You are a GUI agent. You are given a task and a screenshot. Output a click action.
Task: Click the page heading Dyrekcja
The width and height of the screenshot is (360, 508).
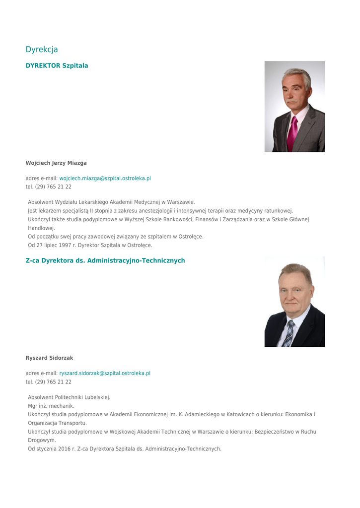pyautogui.click(x=42, y=50)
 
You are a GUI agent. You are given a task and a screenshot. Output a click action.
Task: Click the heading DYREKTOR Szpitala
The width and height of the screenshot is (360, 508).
pyautogui.click(x=57, y=65)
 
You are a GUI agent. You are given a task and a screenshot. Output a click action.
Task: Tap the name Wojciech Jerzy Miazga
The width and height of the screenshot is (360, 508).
pyautogui.click(x=56, y=163)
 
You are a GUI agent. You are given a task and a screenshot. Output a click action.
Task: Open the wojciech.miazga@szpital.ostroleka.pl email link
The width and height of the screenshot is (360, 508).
pyautogui.click(x=105, y=178)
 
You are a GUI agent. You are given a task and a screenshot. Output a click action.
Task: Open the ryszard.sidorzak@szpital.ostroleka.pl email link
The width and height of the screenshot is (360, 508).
pyautogui.click(x=104, y=373)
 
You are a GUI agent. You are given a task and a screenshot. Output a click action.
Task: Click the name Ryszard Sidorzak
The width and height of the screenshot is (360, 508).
pyautogui.click(x=49, y=358)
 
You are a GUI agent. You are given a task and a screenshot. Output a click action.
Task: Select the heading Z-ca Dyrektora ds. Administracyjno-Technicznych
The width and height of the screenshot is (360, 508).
pyautogui.click(x=105, y=260)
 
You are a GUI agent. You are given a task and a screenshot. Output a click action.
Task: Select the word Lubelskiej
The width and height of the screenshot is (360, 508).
pyautogui.click(x=97, y=397)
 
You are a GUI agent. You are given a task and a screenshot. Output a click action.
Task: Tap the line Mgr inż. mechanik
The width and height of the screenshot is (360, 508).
pyautogui.click(x=51, y=406)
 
